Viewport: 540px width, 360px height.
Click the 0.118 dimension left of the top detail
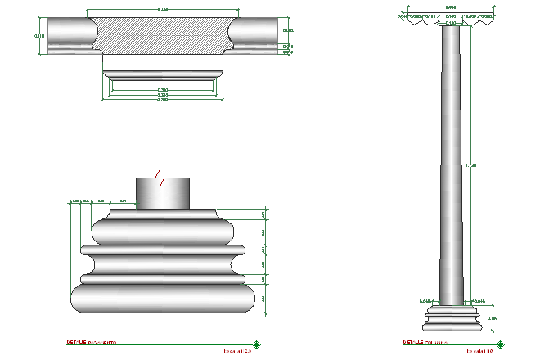(38, 36)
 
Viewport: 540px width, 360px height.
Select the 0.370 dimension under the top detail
(163, 100)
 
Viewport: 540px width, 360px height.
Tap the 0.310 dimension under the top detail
(163, 90)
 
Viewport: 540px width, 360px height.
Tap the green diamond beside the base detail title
(257, 344)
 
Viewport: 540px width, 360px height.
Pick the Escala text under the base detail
(238, 351)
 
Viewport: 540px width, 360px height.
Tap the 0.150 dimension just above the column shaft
(452, 23)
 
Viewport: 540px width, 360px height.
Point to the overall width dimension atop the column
(452, 7)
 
